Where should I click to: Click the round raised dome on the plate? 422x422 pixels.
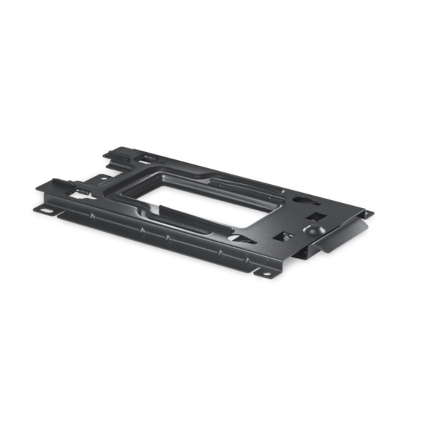tap(314, 228)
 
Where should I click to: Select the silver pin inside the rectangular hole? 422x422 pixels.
tap(287, 236)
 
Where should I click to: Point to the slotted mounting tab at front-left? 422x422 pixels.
tap(47, 210)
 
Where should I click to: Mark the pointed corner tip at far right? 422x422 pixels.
tap(373, 214)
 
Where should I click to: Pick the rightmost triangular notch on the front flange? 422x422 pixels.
tap(220, 251)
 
